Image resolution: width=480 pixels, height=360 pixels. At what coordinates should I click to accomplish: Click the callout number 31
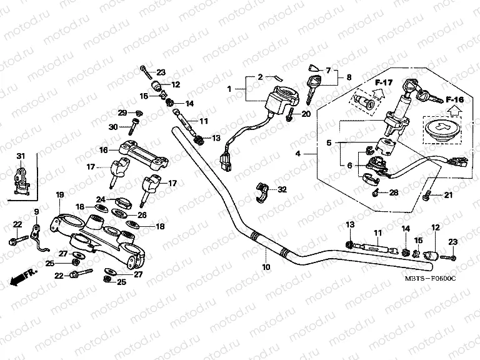click(x=20, y=156)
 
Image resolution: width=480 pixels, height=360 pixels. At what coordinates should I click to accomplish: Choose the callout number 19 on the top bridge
click(x=60, y=196)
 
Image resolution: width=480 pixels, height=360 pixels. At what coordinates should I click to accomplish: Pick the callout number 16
click(x=104, y=149)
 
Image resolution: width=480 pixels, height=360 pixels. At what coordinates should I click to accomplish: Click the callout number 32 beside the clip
click(x=282, y=189)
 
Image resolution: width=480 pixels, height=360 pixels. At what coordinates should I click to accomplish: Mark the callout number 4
click(x=297, y=153)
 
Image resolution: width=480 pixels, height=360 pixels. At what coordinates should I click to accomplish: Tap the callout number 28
click(x=393, y=192)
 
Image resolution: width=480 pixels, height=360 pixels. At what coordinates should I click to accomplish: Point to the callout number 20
click(x=306, y=114)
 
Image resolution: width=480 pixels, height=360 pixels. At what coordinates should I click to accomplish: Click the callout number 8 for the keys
click(x=349, y=77)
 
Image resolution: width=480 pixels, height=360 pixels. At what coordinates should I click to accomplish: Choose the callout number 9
click(x=36, y=211)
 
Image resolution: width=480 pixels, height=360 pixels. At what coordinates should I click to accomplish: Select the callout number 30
click(x=113, y=127)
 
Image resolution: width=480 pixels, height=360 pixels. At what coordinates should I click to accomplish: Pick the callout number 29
click(x=122, y=112)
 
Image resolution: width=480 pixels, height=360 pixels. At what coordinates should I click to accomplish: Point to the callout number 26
click(x=142, y=214)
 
